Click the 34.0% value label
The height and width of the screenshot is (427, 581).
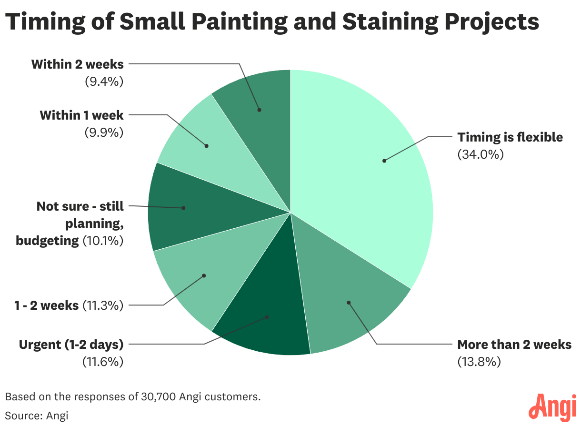(481, 154)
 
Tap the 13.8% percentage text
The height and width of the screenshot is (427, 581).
(479, 362)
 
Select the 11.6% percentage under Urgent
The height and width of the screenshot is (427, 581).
(104, 362)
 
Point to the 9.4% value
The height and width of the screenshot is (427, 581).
(104, 81)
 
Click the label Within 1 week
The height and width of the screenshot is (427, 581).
(81, 115)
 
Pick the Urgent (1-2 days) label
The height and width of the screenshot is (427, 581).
(71, 344)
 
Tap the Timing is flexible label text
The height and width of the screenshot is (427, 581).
(510, 137)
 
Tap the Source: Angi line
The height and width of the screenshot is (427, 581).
(37, 415)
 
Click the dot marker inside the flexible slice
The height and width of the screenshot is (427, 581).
(384, 161)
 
